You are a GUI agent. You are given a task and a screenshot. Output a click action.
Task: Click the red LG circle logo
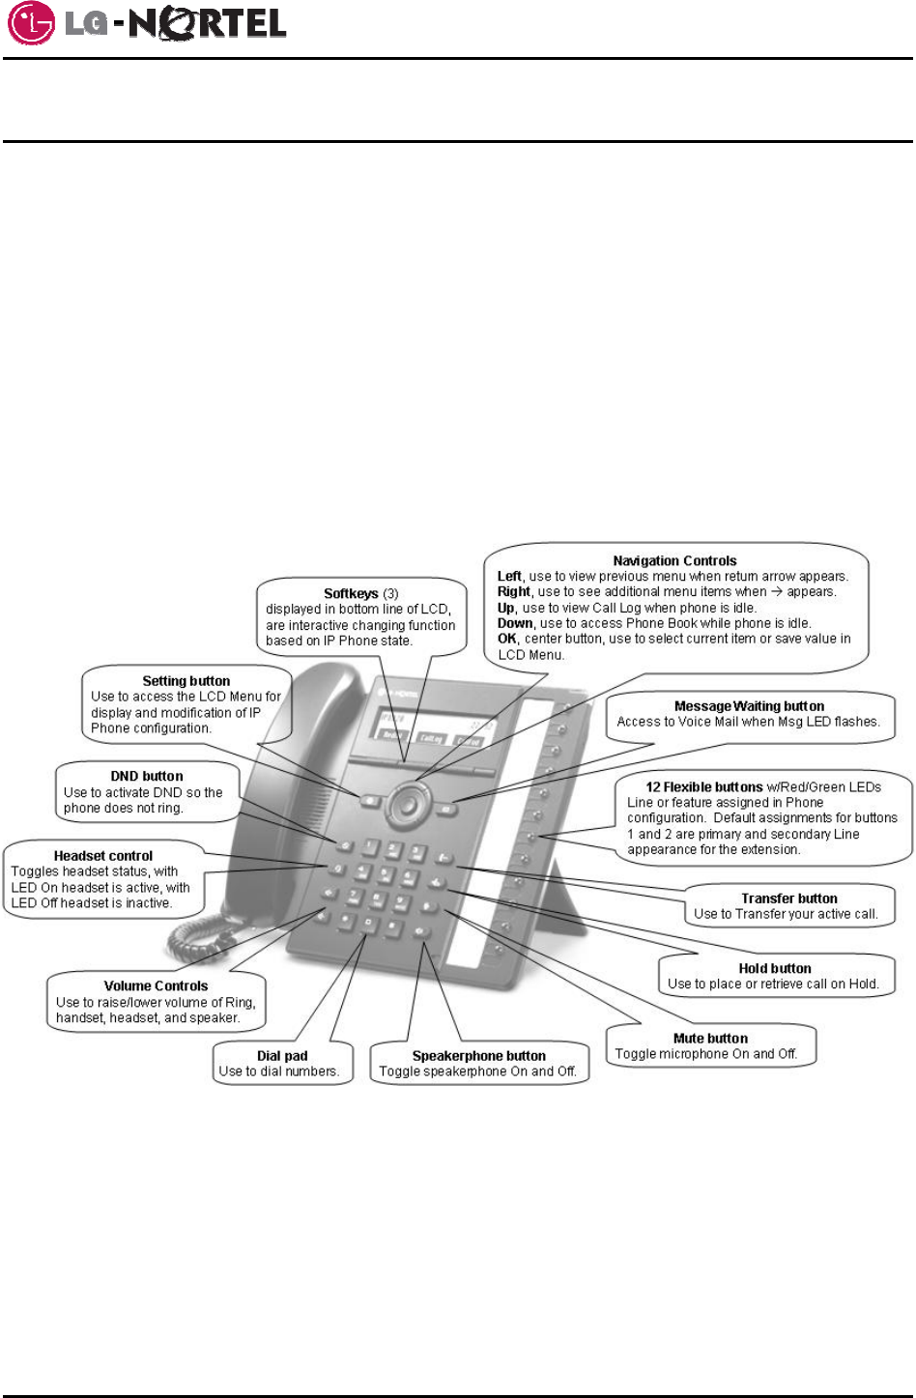click(x=32, y=23)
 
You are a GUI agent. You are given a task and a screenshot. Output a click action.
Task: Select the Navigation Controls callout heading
click(x=674, y=560)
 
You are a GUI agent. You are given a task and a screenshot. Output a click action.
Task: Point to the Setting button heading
click(x=186, y=681)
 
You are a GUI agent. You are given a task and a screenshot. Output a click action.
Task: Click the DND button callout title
click(x=147, y=776)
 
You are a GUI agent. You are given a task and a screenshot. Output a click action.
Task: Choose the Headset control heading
click(x=103, y=856)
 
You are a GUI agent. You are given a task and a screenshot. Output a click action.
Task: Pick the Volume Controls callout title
click(x=156, y=986)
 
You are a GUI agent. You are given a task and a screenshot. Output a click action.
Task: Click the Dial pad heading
click(x=282, y=1056)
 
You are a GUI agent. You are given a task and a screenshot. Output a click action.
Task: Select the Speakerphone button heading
click(x=478, y=1056)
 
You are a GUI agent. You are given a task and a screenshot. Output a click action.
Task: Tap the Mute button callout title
click(x=710, y=1039)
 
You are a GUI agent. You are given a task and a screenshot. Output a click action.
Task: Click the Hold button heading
click(x=775, y=968)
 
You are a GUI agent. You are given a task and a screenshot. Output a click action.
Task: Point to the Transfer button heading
click(x=789, y=899)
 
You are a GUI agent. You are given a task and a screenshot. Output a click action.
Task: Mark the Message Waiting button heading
click(x=749, y=706)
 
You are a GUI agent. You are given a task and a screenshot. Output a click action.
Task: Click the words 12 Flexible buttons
click(x=704, y=787)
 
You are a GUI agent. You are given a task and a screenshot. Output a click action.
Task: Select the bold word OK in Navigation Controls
click(x=507, y=639)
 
